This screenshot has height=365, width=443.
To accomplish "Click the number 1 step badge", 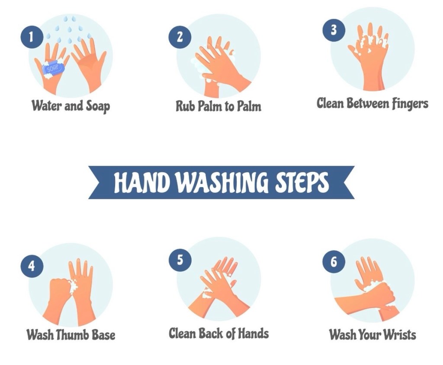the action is pos(32,37).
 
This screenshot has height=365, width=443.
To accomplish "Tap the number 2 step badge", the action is pos(180,37).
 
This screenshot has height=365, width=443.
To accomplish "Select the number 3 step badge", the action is pos(334,30).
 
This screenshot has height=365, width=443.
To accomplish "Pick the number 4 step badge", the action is pos(32,266).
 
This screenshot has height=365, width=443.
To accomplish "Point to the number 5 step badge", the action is pos(180,260).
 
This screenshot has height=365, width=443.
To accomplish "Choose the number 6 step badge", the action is pos(334,262).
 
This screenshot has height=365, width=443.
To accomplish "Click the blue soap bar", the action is pos(54,68).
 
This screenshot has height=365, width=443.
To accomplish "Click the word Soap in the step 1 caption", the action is pos(98,107).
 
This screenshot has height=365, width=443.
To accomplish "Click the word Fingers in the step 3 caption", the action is pos(410,104).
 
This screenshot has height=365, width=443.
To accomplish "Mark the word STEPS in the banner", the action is pos(302,182).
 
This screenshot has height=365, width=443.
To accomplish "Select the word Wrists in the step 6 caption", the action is pos(399,334).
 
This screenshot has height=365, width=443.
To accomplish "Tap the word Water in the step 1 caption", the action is pos(47,106).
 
